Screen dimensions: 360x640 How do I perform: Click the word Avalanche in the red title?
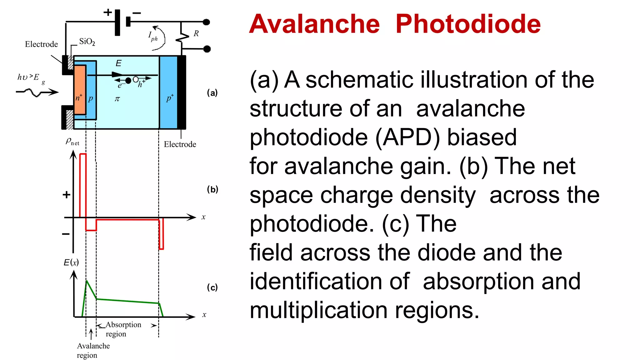pyautogui.click(x=314, y=24)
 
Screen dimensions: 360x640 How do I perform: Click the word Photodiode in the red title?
pyautogui.click(x=468, y=24)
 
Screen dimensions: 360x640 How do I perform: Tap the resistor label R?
pyautogui.click(x=196, y=33)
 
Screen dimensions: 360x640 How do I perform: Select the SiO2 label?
pyautogui.click(x=87, y=42)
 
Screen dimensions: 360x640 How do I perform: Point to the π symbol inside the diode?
pyautogui.click(x=117, y=99)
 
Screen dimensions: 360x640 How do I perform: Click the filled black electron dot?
pyautogui.click(x=128, y=81)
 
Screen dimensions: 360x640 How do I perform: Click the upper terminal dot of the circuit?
pyautogui.click(x=206, y=22)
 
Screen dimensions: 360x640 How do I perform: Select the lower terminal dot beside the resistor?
pyautogui.click(x=207, y=49)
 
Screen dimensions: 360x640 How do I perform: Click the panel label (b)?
pyautogui.click(x=212, y=189)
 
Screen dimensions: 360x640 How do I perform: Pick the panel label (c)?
pyautogui.click(x=212, y=287)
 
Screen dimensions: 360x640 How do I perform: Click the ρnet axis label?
pyautogui.click(x=72, y=142)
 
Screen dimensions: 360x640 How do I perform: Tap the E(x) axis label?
pyautogui.click(x=71, y=262)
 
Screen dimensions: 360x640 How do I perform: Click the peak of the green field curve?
pyautogui.click(x=87, y=281)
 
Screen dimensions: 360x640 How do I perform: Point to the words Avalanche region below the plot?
pyautogui.click(x=93, y=350)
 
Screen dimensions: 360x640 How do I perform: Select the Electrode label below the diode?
pyautogui.click(x=180, y=144)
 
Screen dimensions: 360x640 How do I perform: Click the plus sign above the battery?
pyautogui.click(x=107, y=12)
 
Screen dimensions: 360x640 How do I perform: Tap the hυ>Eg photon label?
pyautogui.click(x=30, y=78)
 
